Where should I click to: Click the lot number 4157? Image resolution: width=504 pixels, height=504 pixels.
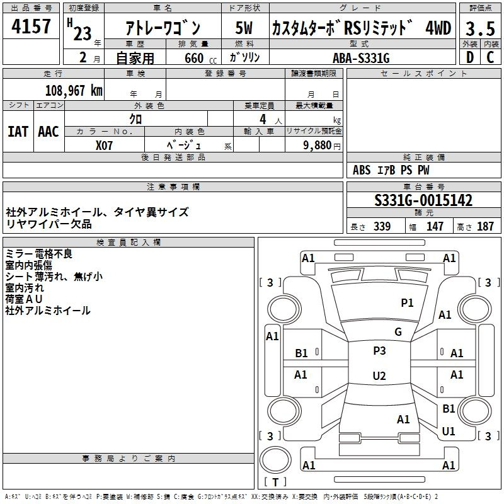point(31,26)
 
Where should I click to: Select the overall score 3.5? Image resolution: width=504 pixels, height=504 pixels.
point(480,28)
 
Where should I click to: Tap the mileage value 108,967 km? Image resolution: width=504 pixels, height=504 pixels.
point(74,91)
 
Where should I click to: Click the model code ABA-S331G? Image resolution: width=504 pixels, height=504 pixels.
point(361,58)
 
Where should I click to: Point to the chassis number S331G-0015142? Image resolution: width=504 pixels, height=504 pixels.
point(423,200)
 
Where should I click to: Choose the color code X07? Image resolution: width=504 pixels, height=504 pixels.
point(104,146)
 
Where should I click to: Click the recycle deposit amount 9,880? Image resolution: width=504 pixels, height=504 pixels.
point(318,146)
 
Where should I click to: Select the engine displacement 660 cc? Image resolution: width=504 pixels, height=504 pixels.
point(200,58)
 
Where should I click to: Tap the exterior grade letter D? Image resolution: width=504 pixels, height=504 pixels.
point(470,57)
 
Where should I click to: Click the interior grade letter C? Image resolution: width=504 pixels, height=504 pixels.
point(490,57)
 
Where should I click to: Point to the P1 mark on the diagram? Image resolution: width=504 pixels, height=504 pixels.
point(407,302)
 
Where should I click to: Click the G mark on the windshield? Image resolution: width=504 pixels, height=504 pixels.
point(398,332)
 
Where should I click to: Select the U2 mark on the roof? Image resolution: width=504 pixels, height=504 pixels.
point(379,375)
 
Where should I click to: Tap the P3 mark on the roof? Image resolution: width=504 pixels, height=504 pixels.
point(379,350)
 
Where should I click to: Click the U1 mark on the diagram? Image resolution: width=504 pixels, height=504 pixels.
point(449,431)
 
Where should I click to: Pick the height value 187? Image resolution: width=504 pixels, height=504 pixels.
point(485,226)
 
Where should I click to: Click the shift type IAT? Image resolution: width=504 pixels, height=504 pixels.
point(18,132)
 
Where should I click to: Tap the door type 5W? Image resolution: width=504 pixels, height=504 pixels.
point(244,28)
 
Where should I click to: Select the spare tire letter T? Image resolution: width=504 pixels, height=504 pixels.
point(275,482)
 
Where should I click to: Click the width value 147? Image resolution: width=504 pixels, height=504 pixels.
point(435,226)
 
